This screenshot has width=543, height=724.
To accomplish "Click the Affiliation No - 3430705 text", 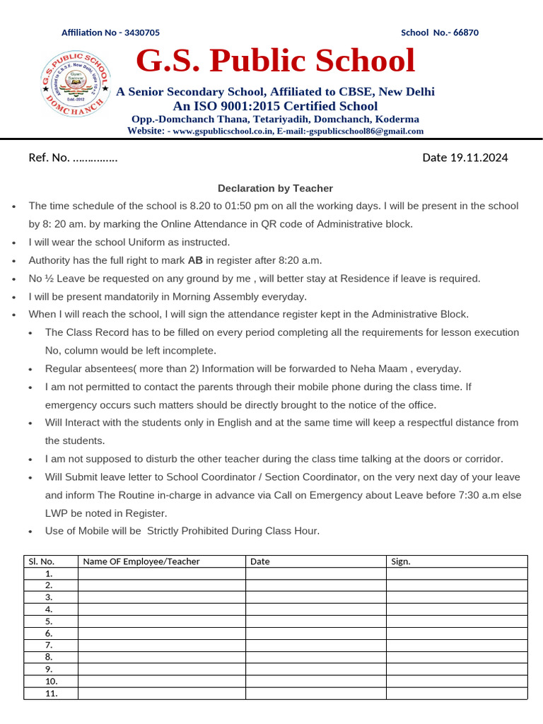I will tap(110, 33).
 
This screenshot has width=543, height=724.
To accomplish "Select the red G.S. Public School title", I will tap(275, 61).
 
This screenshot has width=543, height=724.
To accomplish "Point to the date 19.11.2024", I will tap(479, 158).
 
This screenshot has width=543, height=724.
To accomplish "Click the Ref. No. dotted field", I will tap(95, 158).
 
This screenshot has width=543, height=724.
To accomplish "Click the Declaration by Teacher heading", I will tap(275, 188).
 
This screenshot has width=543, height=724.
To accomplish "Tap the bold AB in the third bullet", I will tap(195, 260).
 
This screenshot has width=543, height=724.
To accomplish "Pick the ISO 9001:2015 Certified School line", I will tap(275, 106).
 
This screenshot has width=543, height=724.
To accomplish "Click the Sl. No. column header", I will tap(41, 561).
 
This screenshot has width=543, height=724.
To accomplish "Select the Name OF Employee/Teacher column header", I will tap(141, 561).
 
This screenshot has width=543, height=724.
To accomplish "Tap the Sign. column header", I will tap(400, 561).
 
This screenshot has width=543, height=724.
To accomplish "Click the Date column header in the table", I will tap(259, 561).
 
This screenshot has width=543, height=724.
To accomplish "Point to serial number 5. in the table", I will tap(49, 621).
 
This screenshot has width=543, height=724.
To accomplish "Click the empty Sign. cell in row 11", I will tap(457, 693).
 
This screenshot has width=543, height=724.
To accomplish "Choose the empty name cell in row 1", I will tap(162, 573).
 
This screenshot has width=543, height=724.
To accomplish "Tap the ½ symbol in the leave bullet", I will tap(47, 279).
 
